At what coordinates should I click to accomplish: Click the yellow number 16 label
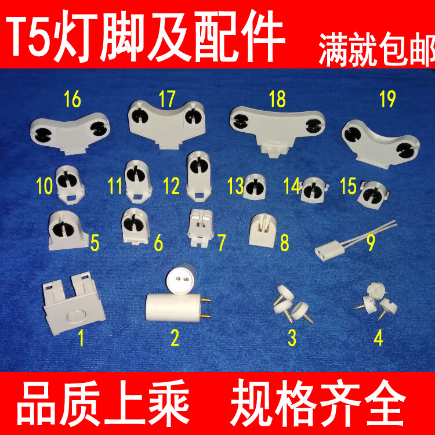(x=72, y=100)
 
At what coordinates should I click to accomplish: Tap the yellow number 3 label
(x=292, y=336)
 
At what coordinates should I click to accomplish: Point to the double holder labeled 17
(x=166, y=119)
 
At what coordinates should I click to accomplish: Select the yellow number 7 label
(x=221, y=242)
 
